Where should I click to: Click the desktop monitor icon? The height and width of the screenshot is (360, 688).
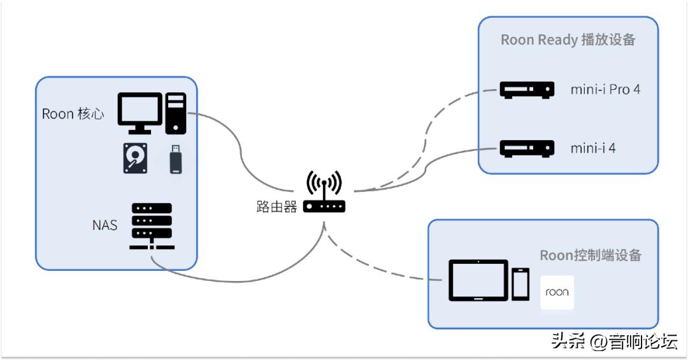pyautogui.click(x=140, y=112)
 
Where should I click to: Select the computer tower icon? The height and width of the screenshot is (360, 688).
pyautogui.click(x=175, y=113)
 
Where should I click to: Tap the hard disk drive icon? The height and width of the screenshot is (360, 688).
pyautogui.click(x=135, y=158)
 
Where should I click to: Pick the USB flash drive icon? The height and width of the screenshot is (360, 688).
pyautogui.click(x=176, y=159)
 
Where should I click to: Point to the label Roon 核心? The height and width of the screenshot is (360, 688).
pyautogui.click(x=73, y=114)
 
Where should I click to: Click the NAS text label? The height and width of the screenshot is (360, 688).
pyautogui.click(x=104, y=224)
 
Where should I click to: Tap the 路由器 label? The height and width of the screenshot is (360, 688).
pyautogui.click(x=276, y=207)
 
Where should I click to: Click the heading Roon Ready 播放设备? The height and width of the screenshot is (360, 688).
pyautogui.click(x=568, y=40)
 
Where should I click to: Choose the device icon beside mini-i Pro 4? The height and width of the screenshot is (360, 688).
pyautogui.click(x=525, y=89)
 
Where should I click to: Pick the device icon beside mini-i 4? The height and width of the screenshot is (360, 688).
pyautogui.click(x=525, y=148)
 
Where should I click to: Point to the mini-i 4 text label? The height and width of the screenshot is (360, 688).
pyautogui.click(x=592, y=148)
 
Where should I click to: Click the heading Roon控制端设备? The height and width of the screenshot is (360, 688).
pyautogui.click(x=590, y=256)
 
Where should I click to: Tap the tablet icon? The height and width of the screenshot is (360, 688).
pyautogui.click(x=478, y=280)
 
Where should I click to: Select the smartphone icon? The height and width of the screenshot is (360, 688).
pyautogui.click(x=520, y=284)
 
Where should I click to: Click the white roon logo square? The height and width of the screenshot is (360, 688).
pyautogui.click(x=557, y=292)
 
